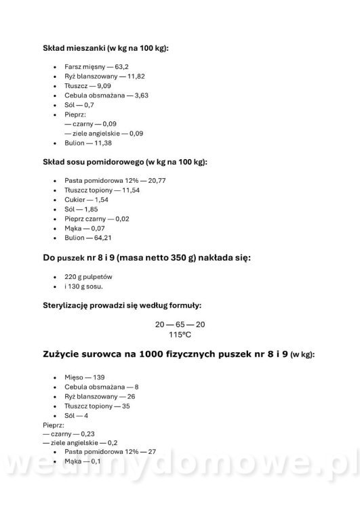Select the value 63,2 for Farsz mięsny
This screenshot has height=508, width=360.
(121, 67)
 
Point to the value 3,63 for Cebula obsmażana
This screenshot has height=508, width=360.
(141, 96)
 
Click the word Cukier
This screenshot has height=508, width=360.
(75, 200)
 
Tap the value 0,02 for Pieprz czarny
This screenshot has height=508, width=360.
(122, 219)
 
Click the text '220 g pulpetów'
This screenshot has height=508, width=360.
(88, 277)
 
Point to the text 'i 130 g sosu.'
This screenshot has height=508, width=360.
(84, 287)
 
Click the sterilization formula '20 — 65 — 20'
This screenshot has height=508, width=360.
(180, 324)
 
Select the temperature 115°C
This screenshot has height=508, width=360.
(180, 335)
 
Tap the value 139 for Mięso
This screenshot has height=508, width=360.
(98, 377)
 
